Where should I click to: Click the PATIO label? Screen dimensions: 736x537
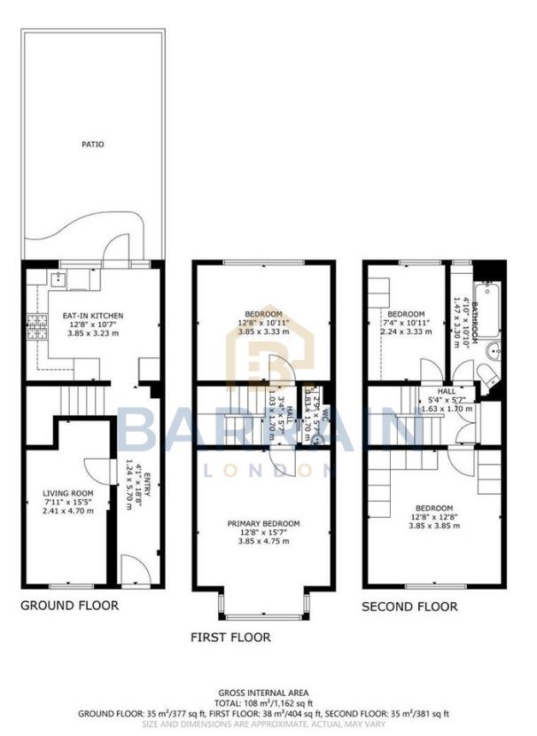[x=93, y=143]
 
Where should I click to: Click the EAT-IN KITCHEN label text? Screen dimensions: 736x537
[x=92, y=316]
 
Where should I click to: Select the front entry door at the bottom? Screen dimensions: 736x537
[x=133, y=569]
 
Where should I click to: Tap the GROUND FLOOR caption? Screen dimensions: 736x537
[x=69, y=606]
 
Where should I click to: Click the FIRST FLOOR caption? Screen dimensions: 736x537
[x=231, y=637]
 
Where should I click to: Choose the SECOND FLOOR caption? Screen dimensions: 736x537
[x=409, y=607]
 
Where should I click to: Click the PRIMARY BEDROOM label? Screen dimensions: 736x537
[x=263, y=524]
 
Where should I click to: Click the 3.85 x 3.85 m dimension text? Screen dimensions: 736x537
[x=434, y=525]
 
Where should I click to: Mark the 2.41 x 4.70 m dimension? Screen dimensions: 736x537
[x=68, y=510]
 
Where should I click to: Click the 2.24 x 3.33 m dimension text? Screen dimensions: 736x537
[x=409, y=332]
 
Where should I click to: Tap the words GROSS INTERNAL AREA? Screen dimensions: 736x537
[x=263, y=692]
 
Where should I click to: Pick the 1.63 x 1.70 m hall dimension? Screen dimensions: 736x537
[x=446, y=408]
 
